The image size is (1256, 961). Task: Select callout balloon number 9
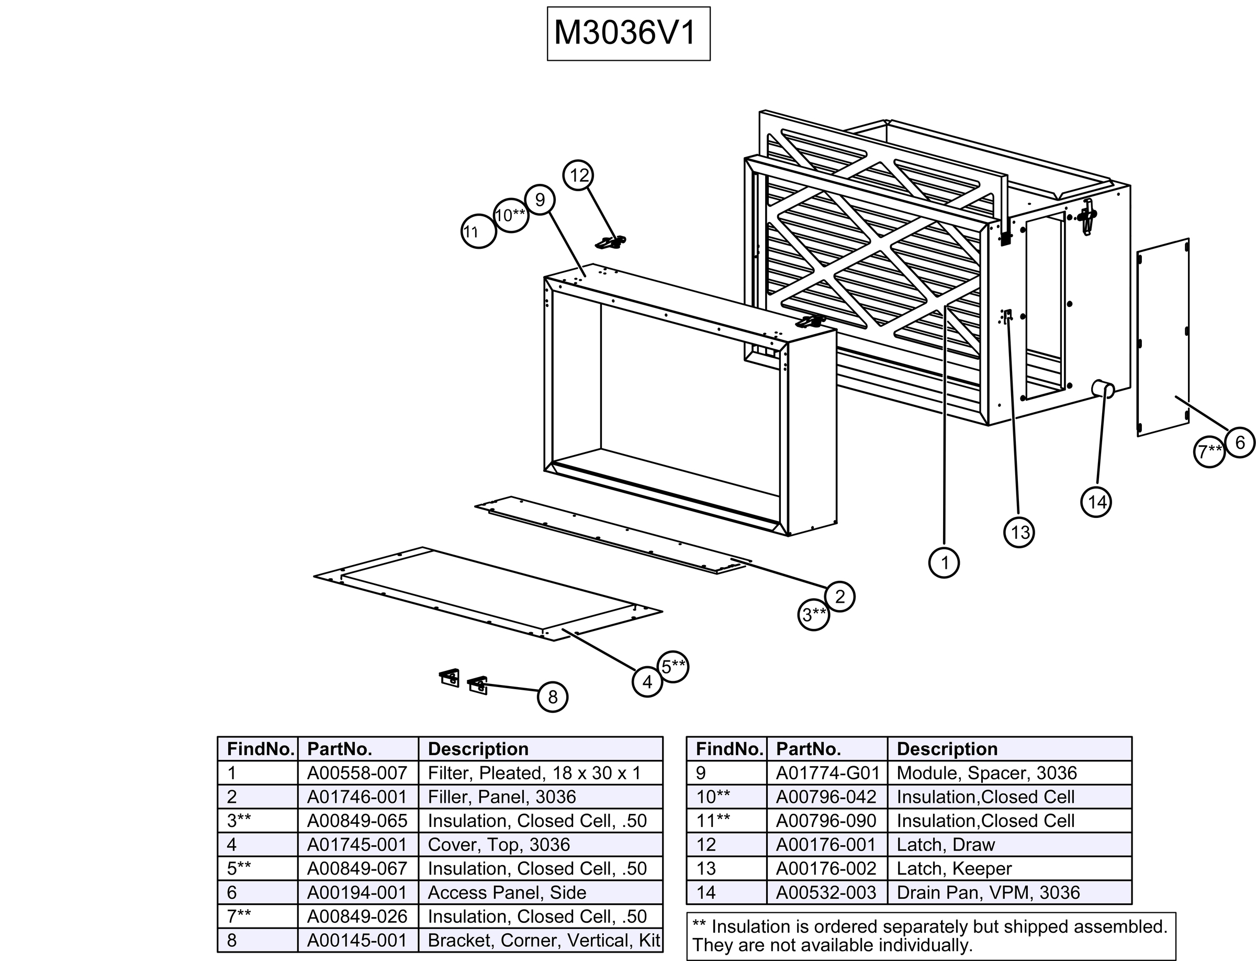click(540, 200)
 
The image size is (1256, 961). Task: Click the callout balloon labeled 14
click(1096, 502)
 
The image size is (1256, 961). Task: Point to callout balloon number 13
click(1019, 533)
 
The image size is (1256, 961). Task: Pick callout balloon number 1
click(944, 563)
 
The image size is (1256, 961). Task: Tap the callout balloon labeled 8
click(552, 697)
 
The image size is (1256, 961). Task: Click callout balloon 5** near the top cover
click(673, 666)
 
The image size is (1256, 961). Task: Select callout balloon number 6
click(1239, 442)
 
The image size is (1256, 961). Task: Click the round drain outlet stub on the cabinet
click(1103, 390)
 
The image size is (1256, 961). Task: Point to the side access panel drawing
click(1163, 337)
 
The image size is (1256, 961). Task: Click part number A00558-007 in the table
click(357, 773)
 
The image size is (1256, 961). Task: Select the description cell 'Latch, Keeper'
click(954, 868)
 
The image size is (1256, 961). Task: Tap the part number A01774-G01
click(827, 773)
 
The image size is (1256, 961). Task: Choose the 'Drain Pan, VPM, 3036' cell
click(988, 892)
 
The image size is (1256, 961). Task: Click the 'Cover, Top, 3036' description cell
click(499, 844)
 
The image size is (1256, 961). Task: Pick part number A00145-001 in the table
click(357, 941)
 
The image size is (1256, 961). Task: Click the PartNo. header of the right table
click(809, 749)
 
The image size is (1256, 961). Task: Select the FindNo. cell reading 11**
click(713, 821)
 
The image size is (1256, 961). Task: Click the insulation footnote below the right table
click(930, 936)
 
